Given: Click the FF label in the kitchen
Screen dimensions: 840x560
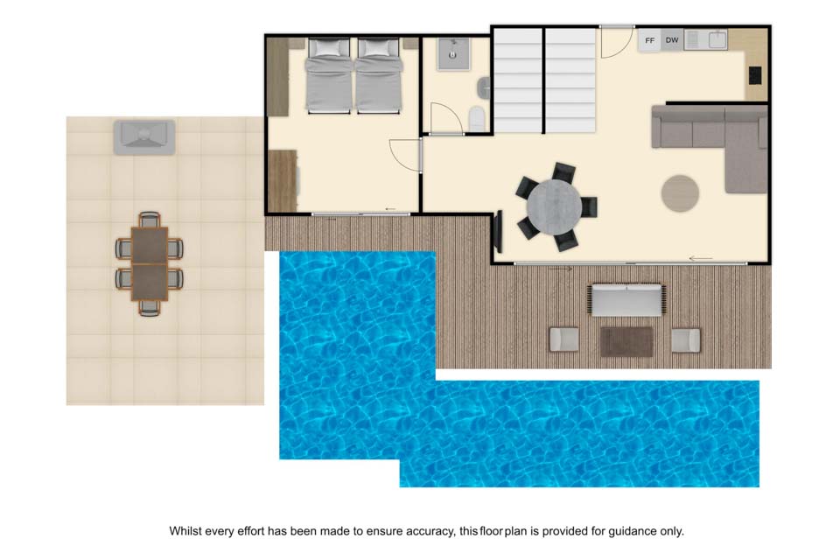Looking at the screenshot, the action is coord(649,41).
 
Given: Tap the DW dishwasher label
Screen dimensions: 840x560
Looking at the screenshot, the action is coord(672,40).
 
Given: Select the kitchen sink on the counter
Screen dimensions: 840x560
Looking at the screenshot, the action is coord(717,39).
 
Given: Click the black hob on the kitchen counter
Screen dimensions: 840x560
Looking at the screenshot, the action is coord(755,75).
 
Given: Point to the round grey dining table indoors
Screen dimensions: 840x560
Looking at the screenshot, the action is coord(554,206).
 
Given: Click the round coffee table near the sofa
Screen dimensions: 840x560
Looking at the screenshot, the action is coord(680,192).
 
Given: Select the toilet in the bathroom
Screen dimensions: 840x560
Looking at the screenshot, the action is coord(476,118).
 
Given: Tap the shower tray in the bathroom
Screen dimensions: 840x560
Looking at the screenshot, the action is coord(453,54).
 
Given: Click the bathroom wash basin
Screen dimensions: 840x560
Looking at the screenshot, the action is coord(484,87).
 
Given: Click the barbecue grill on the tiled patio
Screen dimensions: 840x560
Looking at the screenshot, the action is coord(144,137).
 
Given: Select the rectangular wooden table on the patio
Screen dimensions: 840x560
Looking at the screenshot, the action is coord(150,263).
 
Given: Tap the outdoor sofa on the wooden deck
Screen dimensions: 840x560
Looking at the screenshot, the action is coord(626,300).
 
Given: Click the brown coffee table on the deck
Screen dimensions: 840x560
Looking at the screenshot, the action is coord(626,341).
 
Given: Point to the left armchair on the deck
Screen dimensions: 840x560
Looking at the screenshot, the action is coord(564,339).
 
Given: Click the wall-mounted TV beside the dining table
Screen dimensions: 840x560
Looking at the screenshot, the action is coord(498,232).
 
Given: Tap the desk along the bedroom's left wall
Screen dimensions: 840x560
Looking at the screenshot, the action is coord(283,180).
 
